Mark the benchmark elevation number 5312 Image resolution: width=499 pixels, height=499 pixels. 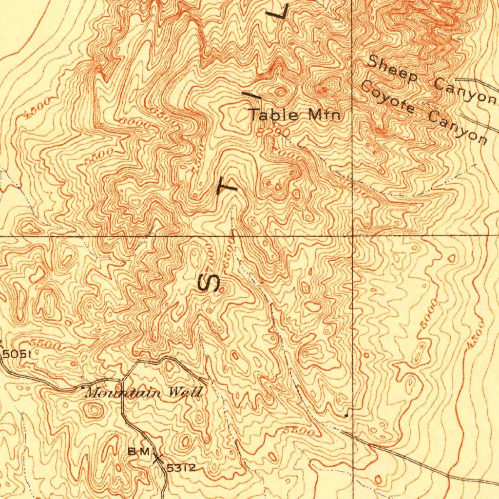point(181,468)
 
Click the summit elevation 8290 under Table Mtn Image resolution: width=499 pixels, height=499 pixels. point(275,132)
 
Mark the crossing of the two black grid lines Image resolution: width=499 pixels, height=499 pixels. point(352,236)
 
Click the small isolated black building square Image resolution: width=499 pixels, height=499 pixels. point(345,416)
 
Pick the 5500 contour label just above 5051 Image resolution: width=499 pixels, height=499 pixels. point(45,344)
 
